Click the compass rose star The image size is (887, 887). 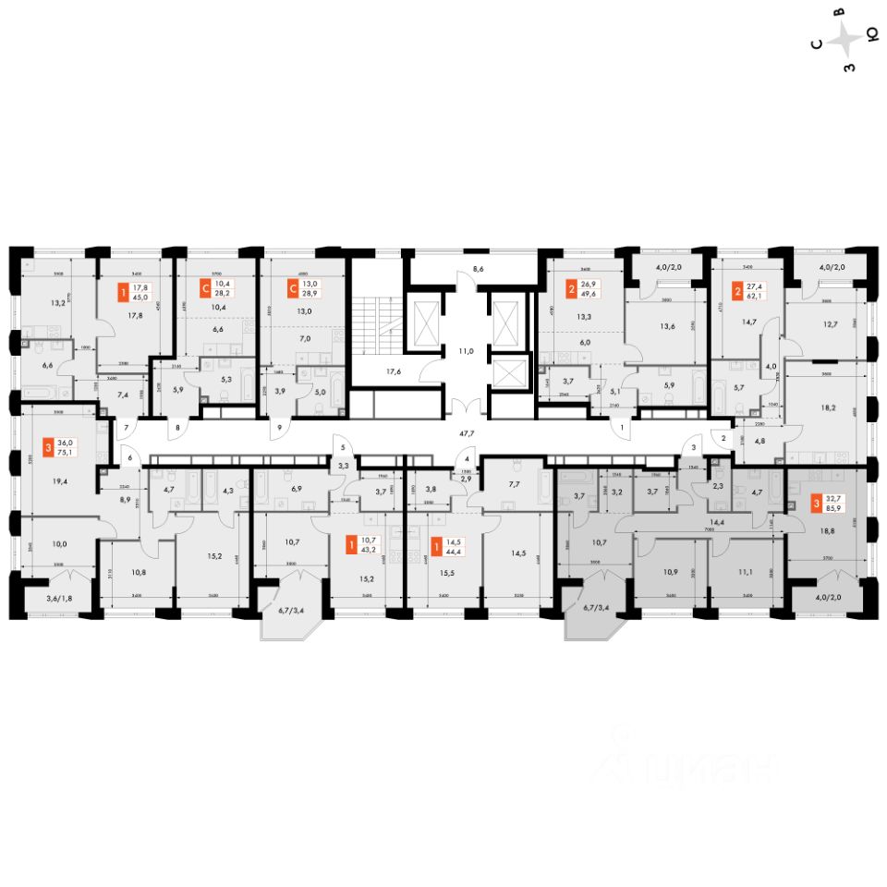(x=845, y=40)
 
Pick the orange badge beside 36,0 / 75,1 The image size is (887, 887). (x=48, y=451)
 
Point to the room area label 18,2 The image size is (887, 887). (x=827, y=406)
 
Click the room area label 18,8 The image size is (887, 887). (x=827, y=532)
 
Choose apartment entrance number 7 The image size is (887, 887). (x=127, y=428)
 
